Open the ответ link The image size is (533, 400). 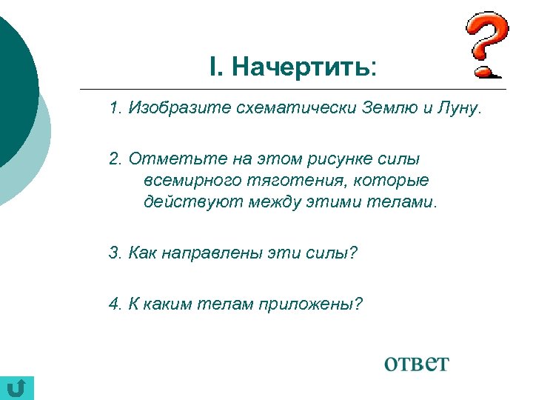[x=416, y=363]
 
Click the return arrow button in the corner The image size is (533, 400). [x=18, y=387]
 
